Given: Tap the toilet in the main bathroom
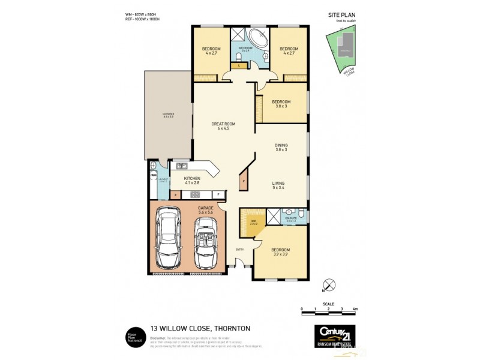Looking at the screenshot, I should point(239,57).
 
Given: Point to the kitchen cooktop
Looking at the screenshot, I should point(195,194).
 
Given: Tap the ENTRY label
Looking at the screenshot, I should point(240,250).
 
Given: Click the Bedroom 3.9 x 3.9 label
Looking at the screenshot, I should point(281,251).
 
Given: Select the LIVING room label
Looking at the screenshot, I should point(278,185).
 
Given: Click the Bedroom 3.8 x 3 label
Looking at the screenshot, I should point(281,104).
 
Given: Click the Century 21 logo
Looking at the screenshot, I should point(335,334).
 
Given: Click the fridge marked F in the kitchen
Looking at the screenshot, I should point(218,194).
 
